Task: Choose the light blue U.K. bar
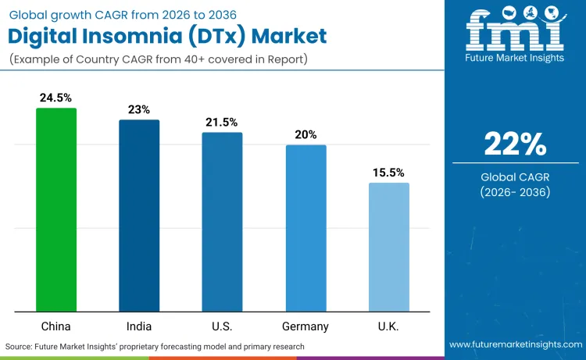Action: [x=388, y=246]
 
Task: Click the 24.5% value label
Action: [x=56, y=98]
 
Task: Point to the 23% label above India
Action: [x=139, y=109]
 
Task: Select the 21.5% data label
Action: [x=222, y=123]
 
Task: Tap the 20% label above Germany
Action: [x=306, y=134]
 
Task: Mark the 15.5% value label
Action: [x=388, y=173]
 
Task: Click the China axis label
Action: [x=56, y=326]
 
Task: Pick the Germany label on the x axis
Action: [x=306, y=326]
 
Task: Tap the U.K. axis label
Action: [x=388, y=326]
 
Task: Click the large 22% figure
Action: [x=515, y=144]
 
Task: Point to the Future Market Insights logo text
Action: [x=515, y=59]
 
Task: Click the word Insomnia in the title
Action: [x=155, y=36]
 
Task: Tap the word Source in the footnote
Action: [x=20, y=346]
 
